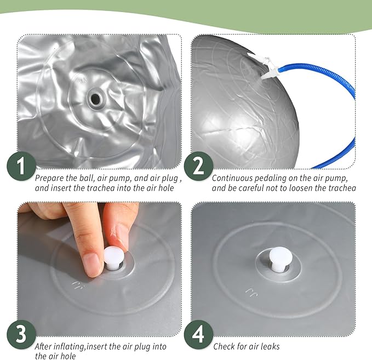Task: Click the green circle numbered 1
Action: (x=21, y=166)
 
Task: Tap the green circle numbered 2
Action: (x=198, y=166)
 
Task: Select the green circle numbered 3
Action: (x=21, y=334)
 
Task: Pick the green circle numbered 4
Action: (x=198, y=334)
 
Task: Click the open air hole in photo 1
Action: (x=96, y=99)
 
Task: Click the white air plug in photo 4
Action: (x=281, y=259)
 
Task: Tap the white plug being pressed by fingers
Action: (x=114, y=258)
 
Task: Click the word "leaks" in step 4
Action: (x=270, y=346)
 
